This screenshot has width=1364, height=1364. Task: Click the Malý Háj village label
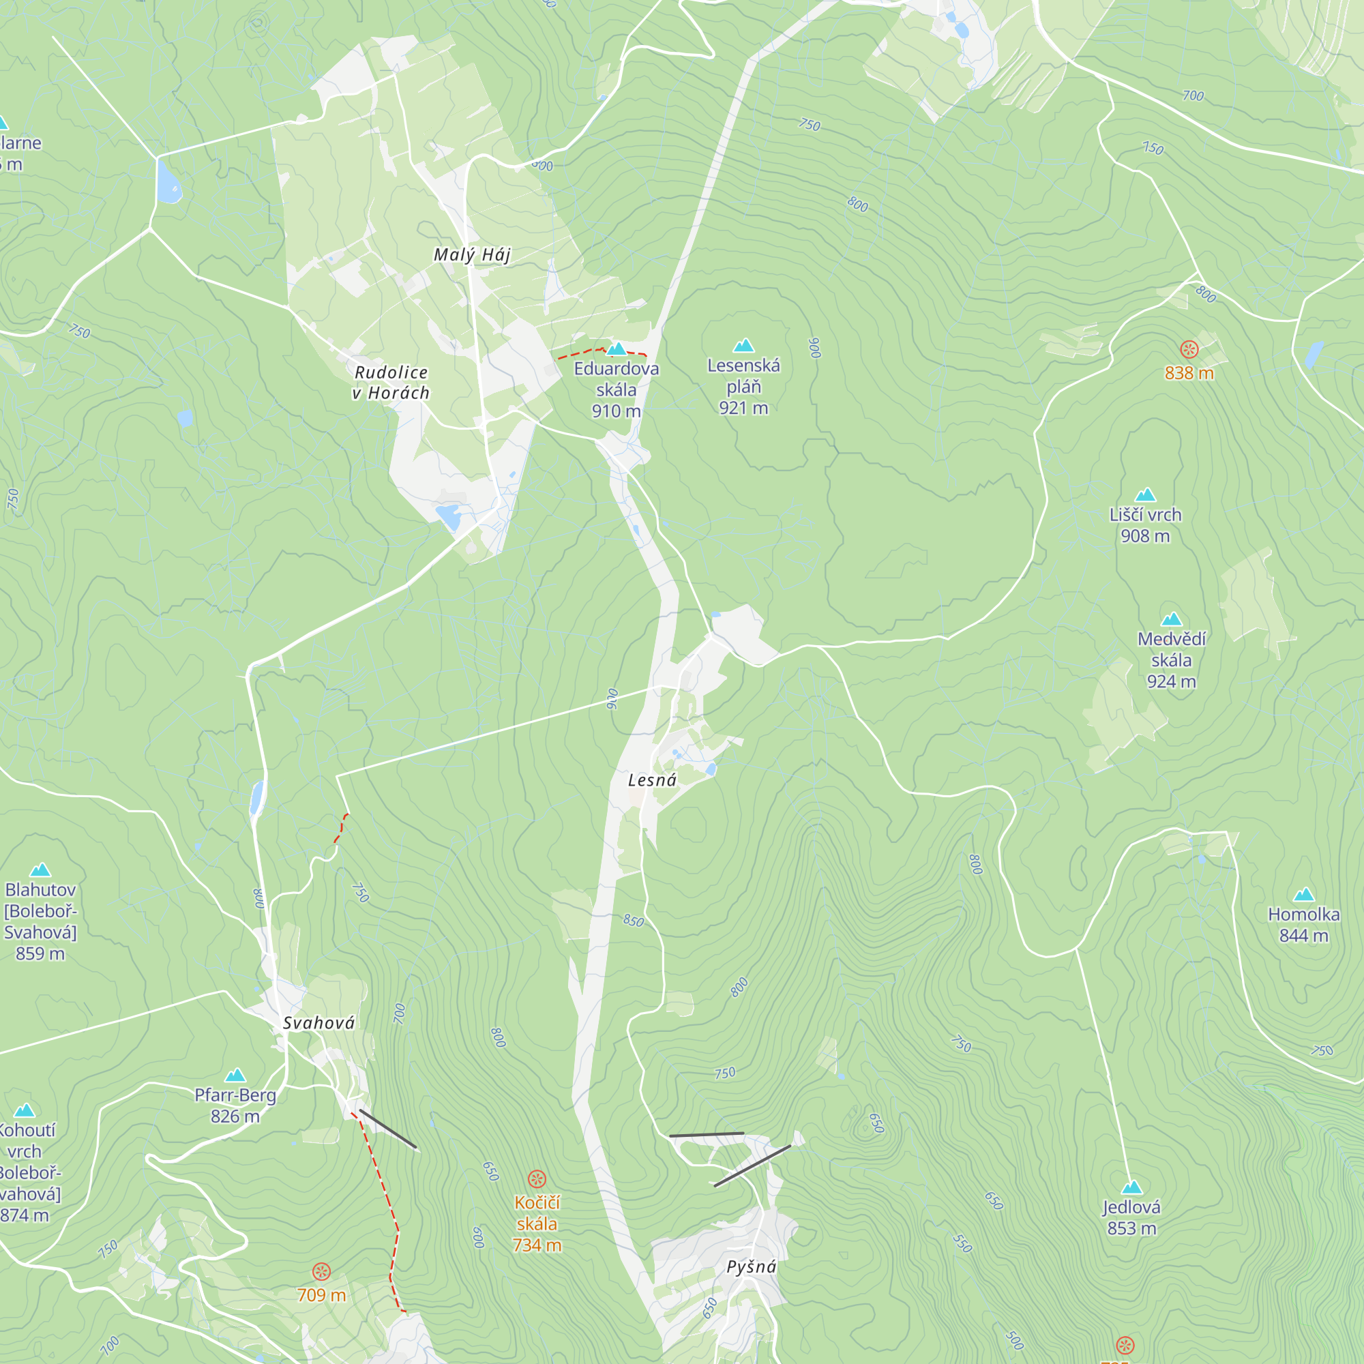[472, 255]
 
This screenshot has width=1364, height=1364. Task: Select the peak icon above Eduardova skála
[617, 349]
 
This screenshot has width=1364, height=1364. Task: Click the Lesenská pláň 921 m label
[743, 386]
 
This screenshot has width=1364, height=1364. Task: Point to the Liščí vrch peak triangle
[1145, 495]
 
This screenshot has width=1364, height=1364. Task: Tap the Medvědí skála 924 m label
[1171, 659]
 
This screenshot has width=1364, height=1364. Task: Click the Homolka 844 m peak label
[1303, 924]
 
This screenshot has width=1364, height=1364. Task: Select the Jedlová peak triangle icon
[1131, 1187]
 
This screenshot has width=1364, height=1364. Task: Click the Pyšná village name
[751, 1266]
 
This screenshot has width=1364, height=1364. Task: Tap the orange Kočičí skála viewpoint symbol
[537, 1179]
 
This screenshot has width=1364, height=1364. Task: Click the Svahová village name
[318, 1023]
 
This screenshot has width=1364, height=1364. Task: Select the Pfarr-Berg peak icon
[235, 1076]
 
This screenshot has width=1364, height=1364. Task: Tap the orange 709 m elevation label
[321, 1295]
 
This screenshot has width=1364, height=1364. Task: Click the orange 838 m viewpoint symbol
[1189, 349]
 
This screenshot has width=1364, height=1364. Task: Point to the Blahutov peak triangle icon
[40, 870]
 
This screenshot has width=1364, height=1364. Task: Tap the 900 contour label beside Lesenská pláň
[816, 347]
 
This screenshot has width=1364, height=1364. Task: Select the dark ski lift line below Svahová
[387, 1129]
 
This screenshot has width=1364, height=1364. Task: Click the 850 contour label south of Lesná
[634, 921]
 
